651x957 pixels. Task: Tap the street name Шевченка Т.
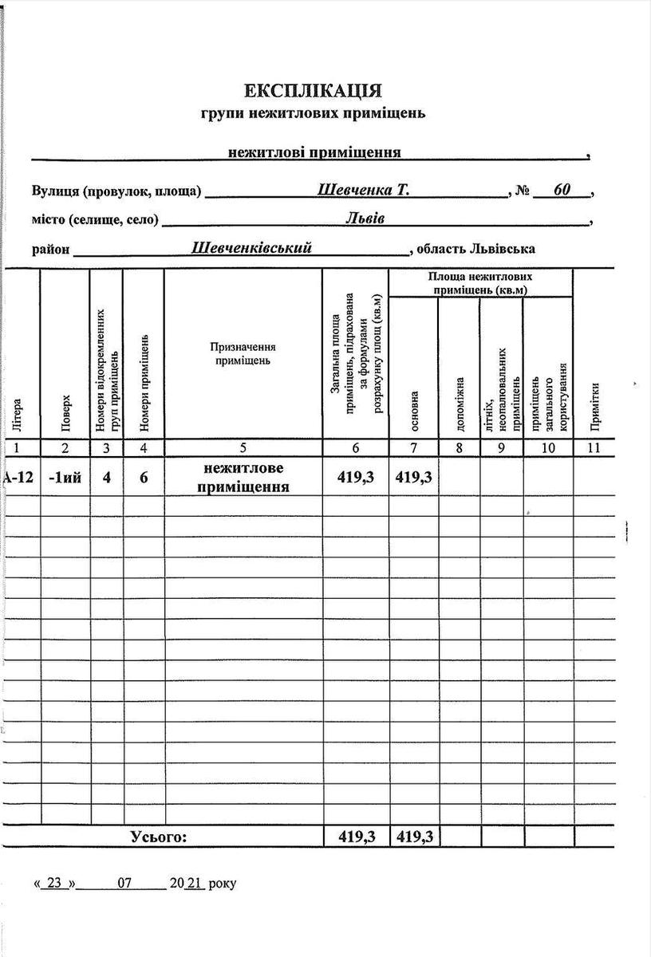(x=363, y=191)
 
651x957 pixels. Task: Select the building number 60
(x=562, y=191)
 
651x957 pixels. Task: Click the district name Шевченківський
(x=251, y=248)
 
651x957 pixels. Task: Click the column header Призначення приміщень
(x=243, y=353)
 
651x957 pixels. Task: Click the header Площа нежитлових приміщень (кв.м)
(x=479, y=283)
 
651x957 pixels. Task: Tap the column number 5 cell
(x=243, y=448)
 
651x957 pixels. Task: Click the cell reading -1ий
(x=65, y=478)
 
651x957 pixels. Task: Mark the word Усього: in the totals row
(x=159, y=837)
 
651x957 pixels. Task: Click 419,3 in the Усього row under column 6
(x=356, y=837)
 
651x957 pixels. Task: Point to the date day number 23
(x=54, y=883)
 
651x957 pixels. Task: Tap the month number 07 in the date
(x=124, y=883)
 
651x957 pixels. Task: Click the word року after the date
(x=223, y=884)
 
